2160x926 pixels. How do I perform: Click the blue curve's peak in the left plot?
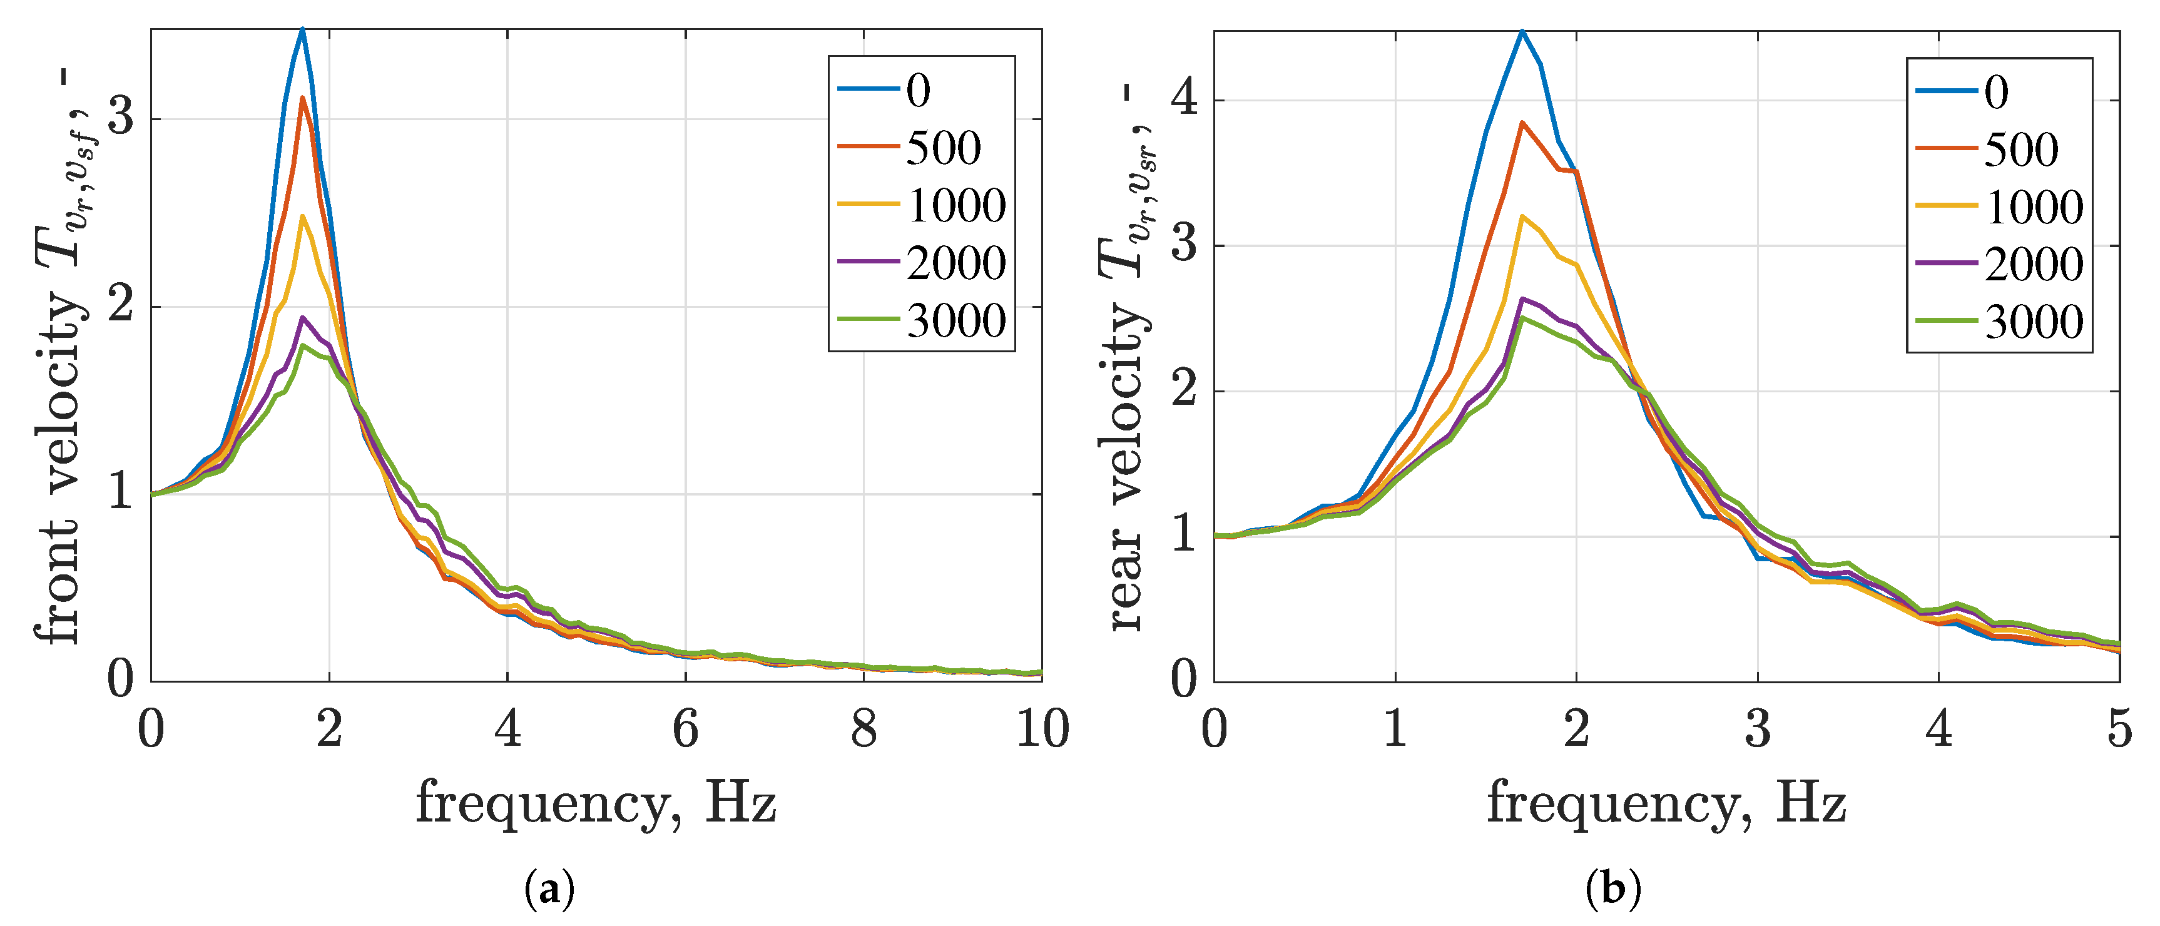302,30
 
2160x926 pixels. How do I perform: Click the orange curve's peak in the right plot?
1522,123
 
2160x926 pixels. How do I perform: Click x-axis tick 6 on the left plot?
685,728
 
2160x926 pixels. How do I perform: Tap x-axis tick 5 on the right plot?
2119,728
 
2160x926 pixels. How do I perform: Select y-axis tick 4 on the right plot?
1183,99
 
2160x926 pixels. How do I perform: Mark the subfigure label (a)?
549,889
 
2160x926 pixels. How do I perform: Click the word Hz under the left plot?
741,803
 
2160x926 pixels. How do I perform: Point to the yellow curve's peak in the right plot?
1522,216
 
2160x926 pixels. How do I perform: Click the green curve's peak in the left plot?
302,345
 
